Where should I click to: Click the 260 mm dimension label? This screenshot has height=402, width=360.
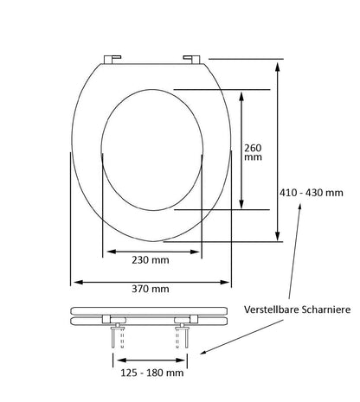coord(253,152)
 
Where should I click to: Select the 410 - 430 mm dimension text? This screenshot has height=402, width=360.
coord(312,193)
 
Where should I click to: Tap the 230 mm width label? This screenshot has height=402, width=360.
coord(151,260)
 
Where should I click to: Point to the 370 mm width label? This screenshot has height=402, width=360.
coord(151,289)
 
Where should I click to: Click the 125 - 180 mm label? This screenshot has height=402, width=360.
coord(152,373)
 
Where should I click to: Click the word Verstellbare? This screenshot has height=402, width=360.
coord(272,309)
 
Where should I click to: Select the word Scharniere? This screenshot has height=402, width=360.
coord(326,309)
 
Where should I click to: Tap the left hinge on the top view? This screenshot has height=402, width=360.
coord(112,59)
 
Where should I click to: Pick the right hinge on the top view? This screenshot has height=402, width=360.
coord(191,59)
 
